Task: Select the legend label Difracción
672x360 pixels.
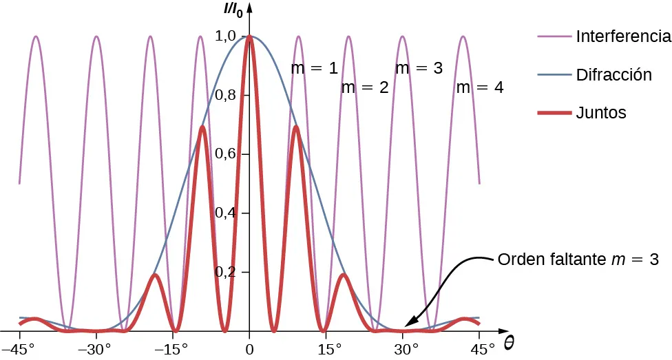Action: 613,74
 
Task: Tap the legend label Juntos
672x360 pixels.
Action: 601,113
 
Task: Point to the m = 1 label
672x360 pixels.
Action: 315,68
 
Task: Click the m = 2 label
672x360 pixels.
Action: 366,87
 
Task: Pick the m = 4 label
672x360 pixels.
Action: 480,87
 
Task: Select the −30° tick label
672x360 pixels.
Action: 96,349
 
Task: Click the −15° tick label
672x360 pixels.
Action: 172,349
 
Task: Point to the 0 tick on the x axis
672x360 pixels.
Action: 250,349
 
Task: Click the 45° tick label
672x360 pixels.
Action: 481,349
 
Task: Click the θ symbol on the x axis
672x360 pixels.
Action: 508,341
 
